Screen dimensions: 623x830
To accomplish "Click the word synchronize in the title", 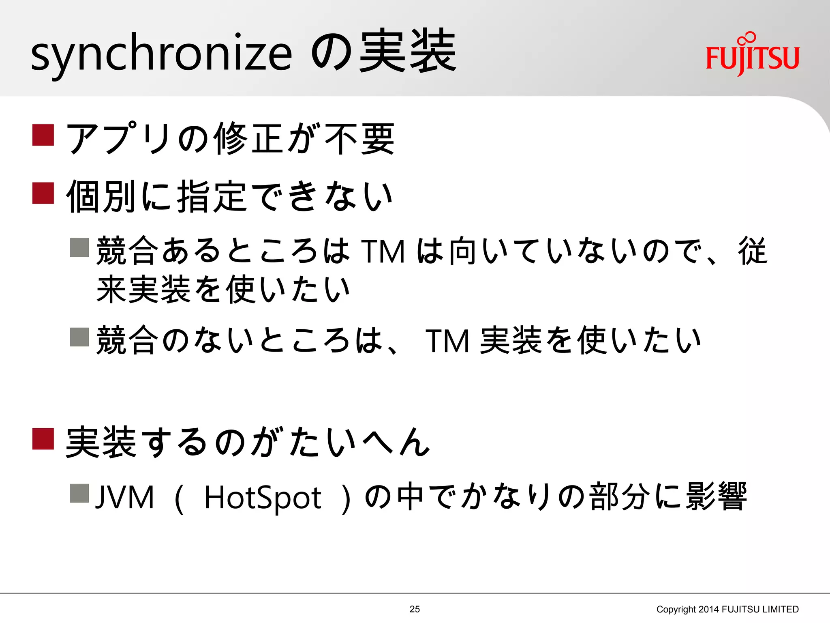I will pos(161,55).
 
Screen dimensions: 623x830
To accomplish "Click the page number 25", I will pos(415,609).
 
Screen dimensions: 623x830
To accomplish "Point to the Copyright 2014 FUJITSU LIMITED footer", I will pos(727,609).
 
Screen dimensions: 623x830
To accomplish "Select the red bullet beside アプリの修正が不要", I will pos(43,135).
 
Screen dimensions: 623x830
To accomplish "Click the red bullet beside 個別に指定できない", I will pos(43,193).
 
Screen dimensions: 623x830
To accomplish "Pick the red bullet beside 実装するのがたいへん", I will pos(43,439).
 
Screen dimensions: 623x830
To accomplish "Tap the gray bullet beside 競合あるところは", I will pos(79,247).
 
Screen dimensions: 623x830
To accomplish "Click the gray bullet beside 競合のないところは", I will pos(79,337).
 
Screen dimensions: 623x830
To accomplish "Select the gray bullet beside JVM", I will pos(79,493).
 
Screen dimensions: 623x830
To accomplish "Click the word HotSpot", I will pos(263,498).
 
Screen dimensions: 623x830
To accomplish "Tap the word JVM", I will pos(125,498).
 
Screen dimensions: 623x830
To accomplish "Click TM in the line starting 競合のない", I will pos(447,341).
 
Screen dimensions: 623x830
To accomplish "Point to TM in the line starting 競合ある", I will pos(383,252).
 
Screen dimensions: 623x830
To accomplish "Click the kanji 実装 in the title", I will pos(408,52).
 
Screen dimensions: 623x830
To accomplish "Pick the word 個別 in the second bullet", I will pos(101,197).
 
